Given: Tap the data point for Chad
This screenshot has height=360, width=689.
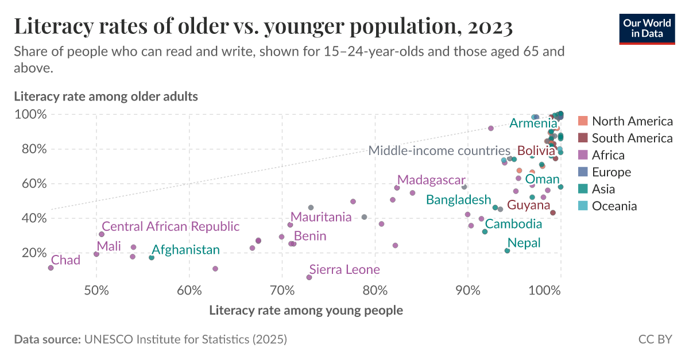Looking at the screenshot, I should [51, 268].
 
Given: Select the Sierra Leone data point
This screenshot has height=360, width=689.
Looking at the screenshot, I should [309, 277].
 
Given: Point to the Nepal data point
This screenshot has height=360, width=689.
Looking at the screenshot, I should [507, 251].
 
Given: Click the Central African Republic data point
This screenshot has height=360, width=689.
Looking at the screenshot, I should [102, 234].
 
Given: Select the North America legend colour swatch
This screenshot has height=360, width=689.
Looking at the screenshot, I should [583, 121].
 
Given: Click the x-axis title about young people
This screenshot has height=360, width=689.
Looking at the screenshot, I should [305, 311].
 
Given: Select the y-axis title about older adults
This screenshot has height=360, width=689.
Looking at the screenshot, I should [106, 96].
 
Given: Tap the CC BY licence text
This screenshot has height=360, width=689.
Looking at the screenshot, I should [655, 339].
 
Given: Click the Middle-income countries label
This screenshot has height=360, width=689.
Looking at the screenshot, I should [439, 151].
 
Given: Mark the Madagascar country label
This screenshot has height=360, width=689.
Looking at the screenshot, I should [431, 180].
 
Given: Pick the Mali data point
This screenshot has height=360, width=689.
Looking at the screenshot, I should [96, 254].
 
